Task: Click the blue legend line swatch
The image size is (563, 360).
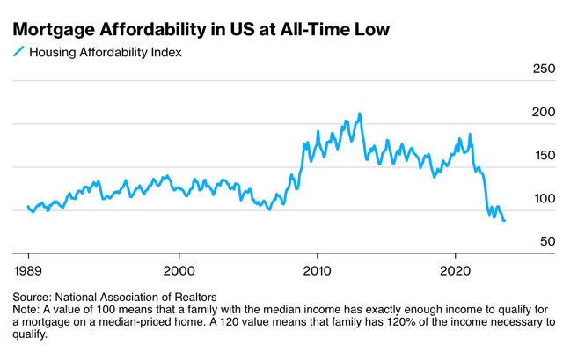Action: [x=18, y=52]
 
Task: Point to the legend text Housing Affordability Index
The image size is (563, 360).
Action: [x=106, y=52]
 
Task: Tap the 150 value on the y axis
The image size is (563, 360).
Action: [x=545, y=155]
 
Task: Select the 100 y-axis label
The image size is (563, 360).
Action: [x=545, y=198]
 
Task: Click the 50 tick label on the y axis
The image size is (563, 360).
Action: [x=548, y=241]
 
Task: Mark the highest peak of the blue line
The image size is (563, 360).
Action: [x=359, y=114]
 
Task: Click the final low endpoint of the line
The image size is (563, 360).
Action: [x=504, y=220]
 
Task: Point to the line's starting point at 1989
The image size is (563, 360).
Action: [x=28, y=207]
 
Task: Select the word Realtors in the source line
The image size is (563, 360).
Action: [x=193, y=298]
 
